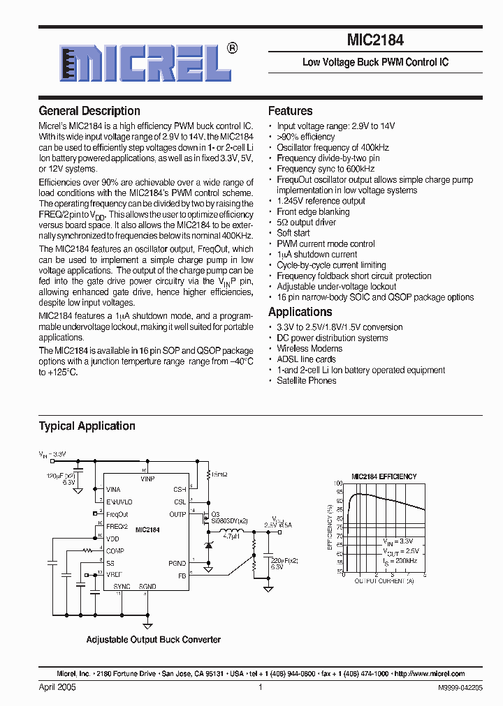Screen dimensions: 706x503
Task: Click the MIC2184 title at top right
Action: (375, 41)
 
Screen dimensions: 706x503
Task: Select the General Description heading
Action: (89, 111)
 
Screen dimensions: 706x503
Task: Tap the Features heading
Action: (291, 111)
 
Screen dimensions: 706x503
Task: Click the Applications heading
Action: (300, 312)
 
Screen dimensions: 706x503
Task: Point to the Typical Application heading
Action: (87, 426)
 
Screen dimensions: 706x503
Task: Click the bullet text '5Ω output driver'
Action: (306, 223)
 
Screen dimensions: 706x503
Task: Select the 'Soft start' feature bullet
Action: (293, 233)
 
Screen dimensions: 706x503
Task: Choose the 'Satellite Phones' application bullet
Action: (307, 381)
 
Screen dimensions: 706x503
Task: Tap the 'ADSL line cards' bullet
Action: (306, 359)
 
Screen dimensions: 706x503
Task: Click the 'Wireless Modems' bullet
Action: (309, 349)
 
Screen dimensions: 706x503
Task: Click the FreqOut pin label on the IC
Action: (117, 514)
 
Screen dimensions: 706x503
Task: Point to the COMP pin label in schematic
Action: (115, 551)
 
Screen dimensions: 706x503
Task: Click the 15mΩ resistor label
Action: (219, 474)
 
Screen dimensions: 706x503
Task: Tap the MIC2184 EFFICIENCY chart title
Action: (384, 476)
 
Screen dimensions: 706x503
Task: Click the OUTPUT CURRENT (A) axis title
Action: (384, 580)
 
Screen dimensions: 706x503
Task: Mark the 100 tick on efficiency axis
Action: (338, 483)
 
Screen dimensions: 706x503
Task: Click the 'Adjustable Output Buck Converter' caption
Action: (153, 640)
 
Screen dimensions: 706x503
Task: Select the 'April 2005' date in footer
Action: (57, 687)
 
